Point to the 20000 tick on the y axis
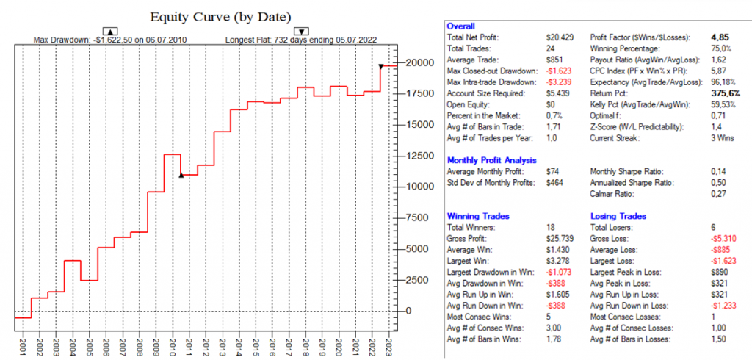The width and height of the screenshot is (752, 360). pyautogui.click(x=422, y=62)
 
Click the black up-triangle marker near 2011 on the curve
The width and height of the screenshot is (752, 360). pyautogui.click(x=181, y=176)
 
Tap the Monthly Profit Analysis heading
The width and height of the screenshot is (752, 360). pyautogui.click(x=491, y=160)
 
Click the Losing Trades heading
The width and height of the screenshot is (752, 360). pyautogui.click(x=618, y=217)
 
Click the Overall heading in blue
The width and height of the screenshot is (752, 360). pyautogui.click(x=461, y=26)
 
